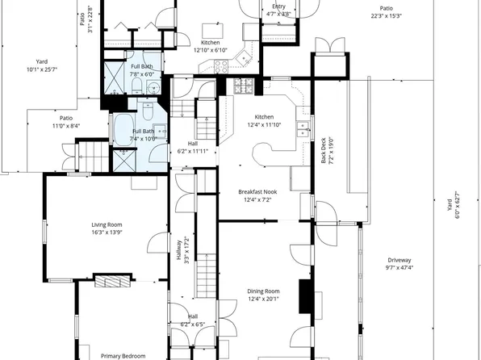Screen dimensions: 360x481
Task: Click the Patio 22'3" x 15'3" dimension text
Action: (387, 16)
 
